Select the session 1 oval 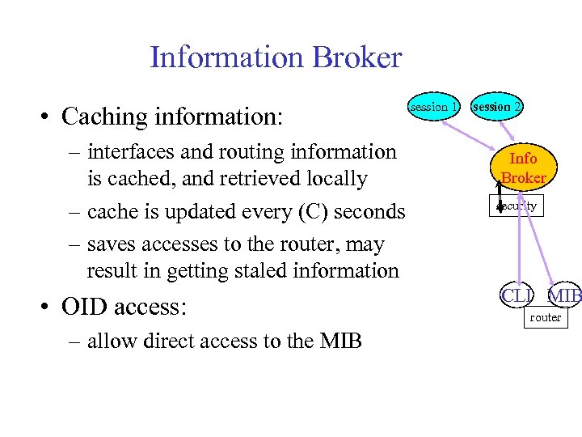point(434,106)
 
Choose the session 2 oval point(497,106)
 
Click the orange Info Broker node point(524,168)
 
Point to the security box point(517,206)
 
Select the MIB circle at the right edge point(566,295)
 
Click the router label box point(545,317)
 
